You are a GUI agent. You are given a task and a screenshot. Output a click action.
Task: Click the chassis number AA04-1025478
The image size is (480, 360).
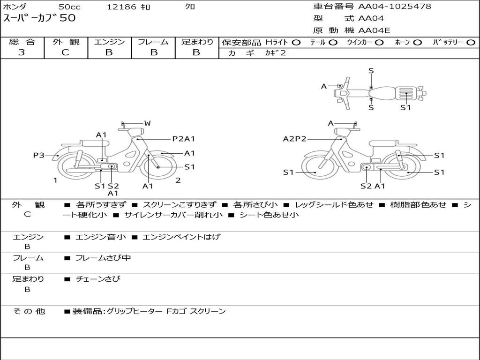(395, 7)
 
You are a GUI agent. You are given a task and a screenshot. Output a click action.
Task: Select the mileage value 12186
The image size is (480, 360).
(121, 7)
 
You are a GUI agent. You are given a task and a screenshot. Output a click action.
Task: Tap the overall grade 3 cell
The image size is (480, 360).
(22, 52)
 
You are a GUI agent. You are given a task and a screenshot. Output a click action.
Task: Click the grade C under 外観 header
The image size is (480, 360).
(66, 52)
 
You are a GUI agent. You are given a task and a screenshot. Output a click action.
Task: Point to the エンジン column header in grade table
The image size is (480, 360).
(109, 42)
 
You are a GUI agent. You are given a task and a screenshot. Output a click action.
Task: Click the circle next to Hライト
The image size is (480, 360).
(296, 42)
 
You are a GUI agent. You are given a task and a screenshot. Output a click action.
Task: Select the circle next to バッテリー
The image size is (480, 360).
(471, 42)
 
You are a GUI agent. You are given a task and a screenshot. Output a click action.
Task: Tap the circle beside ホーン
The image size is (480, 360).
(418, 42)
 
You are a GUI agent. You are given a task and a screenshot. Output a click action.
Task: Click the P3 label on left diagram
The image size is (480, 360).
(38, 155)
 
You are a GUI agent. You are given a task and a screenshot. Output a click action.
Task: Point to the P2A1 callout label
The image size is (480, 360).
(183, 139)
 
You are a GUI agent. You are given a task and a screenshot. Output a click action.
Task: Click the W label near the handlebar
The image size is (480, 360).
(147, 123)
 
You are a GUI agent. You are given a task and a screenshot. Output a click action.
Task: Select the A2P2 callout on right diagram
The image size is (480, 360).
(294, 139)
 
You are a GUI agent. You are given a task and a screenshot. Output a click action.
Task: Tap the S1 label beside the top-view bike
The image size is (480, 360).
(405, 107)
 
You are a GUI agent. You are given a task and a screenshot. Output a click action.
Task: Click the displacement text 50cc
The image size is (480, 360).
(69, 7)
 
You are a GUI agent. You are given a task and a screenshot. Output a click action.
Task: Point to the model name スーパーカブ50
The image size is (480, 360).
(39, 19)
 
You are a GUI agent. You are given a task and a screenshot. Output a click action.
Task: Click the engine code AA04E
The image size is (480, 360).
(374, 31)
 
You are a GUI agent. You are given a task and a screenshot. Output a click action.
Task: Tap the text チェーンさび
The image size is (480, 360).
(98, 279)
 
